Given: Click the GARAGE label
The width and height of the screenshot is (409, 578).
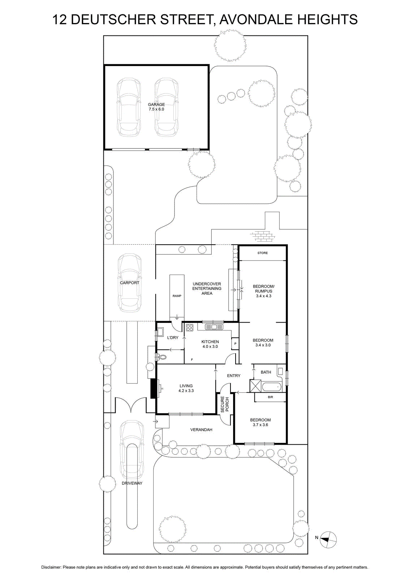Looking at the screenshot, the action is [156, 104].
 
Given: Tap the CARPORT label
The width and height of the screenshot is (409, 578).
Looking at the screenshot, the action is [130, 283].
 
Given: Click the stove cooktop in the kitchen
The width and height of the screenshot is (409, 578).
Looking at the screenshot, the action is [190, 327].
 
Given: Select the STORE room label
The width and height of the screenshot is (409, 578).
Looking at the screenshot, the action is [262, 253].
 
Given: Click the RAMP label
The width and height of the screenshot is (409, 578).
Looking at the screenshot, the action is [177, 296].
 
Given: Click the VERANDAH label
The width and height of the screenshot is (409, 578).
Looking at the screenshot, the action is [201, 430].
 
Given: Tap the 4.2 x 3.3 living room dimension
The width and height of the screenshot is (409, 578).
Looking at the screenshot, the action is [186, 391].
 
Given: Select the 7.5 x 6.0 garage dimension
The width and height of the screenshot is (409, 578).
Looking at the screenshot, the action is [156, 109].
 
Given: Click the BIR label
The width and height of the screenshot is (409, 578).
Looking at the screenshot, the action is [270, 397].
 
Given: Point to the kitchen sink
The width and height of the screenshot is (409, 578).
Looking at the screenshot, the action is [214, 327].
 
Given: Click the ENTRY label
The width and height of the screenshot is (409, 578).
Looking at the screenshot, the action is [233, 376].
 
